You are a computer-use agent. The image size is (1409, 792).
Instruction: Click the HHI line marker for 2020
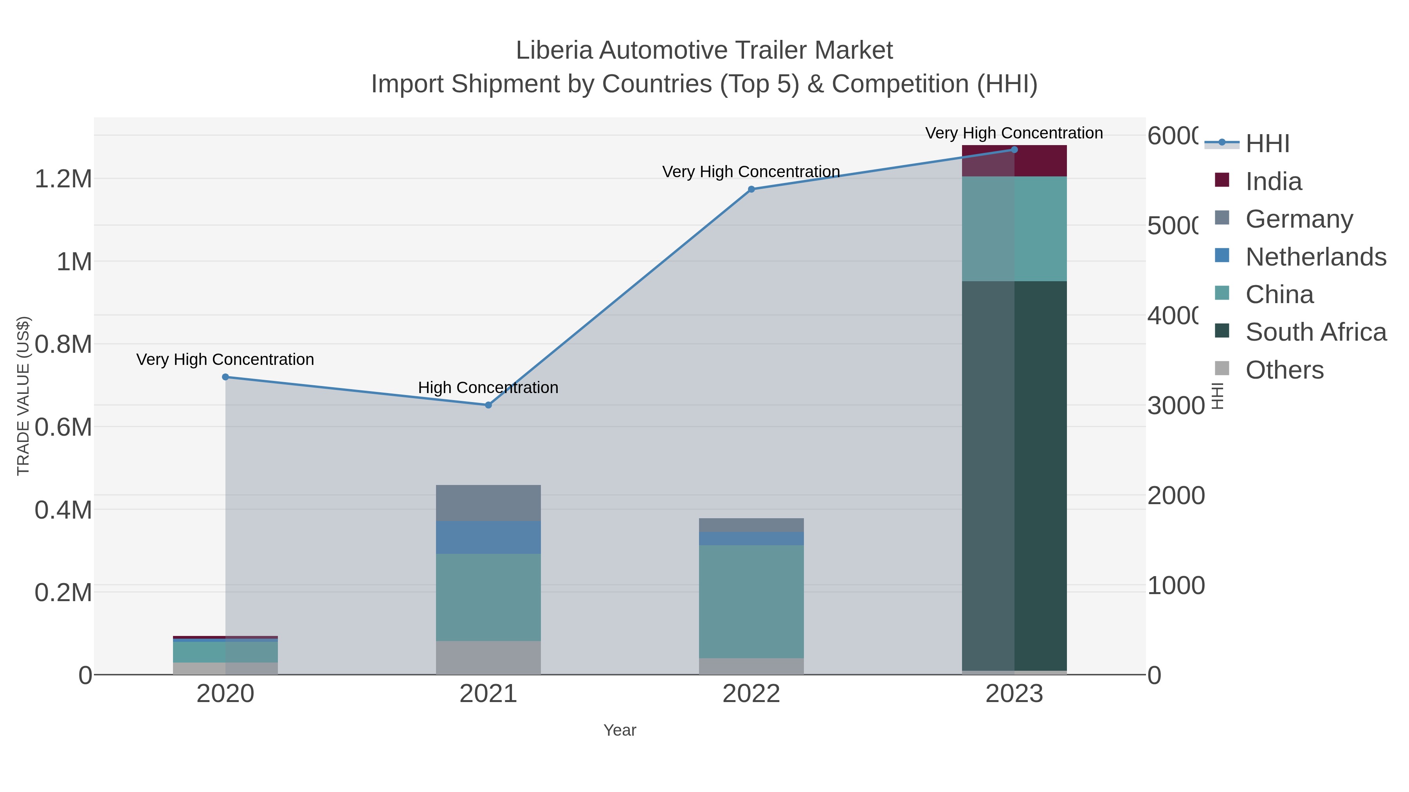[x=225, y=377]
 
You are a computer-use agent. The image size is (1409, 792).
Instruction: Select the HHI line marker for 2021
[x=488, y=405]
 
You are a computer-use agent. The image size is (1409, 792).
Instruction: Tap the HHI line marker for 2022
[x=751, y=189]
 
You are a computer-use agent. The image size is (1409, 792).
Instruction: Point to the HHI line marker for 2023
[x=1014, y=150]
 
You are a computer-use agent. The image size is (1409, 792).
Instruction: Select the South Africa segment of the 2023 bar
[x=1014, y=476]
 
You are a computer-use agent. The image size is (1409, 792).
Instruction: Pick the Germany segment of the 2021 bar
[x=488, y=503]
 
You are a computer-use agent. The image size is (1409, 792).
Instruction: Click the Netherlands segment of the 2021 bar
[x=488, y=537]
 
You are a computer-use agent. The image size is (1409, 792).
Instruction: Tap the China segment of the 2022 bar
[x=751, y=601]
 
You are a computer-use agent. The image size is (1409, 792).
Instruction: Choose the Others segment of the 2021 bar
[x=488, y=657]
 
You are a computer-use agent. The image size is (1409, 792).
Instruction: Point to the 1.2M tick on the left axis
[x=63, y=179]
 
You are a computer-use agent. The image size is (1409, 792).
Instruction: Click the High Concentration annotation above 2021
[x=488, y=388]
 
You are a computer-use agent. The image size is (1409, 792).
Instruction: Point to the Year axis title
[x=620, y=730]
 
